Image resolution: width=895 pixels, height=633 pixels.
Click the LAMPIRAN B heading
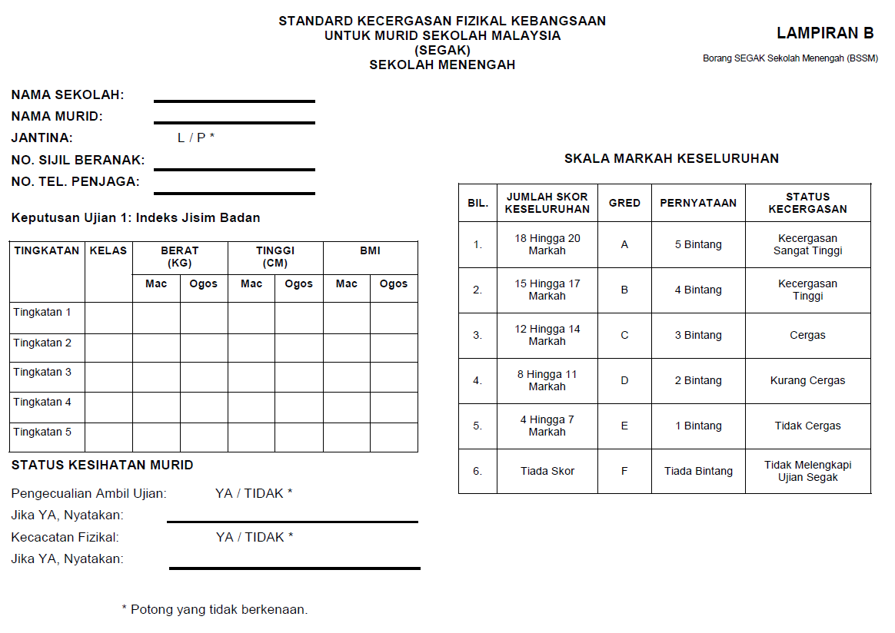[825, 33]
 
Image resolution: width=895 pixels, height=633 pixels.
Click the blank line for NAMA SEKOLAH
[234, 100]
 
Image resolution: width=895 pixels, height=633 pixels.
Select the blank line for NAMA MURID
[234, 121]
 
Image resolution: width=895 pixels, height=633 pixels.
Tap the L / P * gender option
[196, 138]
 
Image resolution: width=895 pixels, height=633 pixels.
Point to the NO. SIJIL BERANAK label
[78, 160]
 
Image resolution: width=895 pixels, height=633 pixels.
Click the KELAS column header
[108, 251]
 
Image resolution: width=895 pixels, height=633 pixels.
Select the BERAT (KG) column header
[179, 257]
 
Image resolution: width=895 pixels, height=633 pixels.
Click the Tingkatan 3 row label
[42, 373]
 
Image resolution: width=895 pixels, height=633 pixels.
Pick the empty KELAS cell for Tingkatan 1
[108, 317]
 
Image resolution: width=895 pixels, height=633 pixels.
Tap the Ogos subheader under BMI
[394, 284]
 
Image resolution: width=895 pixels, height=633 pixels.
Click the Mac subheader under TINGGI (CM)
[251, 284]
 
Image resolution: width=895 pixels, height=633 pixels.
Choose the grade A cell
[624, 244]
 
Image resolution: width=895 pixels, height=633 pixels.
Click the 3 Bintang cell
[698, 335]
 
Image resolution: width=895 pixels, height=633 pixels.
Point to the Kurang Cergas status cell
[807, 380]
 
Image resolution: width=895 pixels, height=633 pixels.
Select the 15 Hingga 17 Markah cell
[547, 290]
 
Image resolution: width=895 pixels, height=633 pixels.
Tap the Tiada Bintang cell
[698, 471]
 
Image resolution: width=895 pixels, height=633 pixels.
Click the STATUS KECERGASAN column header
[807, 203]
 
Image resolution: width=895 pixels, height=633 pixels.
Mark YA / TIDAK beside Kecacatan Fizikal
[255, 537]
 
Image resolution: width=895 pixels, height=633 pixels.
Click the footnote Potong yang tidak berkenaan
[215, 610]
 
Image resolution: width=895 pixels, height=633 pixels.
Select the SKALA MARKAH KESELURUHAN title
[671, 159]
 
